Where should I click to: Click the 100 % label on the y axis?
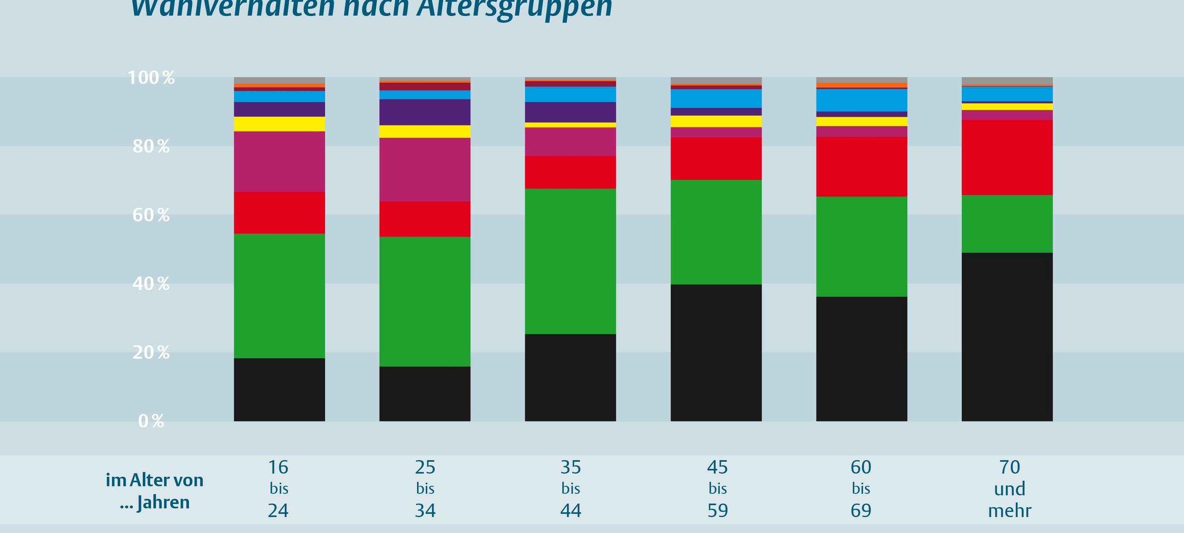click(x=151, y=78)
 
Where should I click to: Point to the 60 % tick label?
click(x=151, y=215)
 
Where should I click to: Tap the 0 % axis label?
click(x=151, y=421)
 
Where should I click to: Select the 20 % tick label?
click(x=151, y=353)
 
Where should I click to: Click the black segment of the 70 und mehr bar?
click(x=1007, y=336)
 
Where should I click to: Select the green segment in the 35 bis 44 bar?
click(x=570, y=261)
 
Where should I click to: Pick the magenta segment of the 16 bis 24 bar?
click(x=279, y=162)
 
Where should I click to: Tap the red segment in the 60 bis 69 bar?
click(x=861, y=167)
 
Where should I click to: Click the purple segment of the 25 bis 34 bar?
click(x=425, y=112)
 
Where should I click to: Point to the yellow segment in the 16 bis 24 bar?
click(x=279, y=124)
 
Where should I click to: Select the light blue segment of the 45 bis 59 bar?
click(x=716, y=98)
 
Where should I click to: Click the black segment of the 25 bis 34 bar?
click(x=425, y=394)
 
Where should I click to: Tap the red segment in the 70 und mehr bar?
click(x=1007, y=157)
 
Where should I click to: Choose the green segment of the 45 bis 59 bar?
click(x=716, y=232)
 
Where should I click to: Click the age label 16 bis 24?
click(x=279, y=488)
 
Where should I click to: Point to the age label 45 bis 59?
click(x=717, y=488)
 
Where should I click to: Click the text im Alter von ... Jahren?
click(x=154, y=491)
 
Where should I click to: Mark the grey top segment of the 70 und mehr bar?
click(x=1007, y=81)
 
